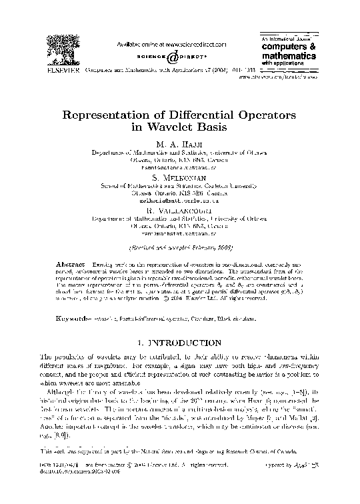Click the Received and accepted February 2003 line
[x=180, y=248]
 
